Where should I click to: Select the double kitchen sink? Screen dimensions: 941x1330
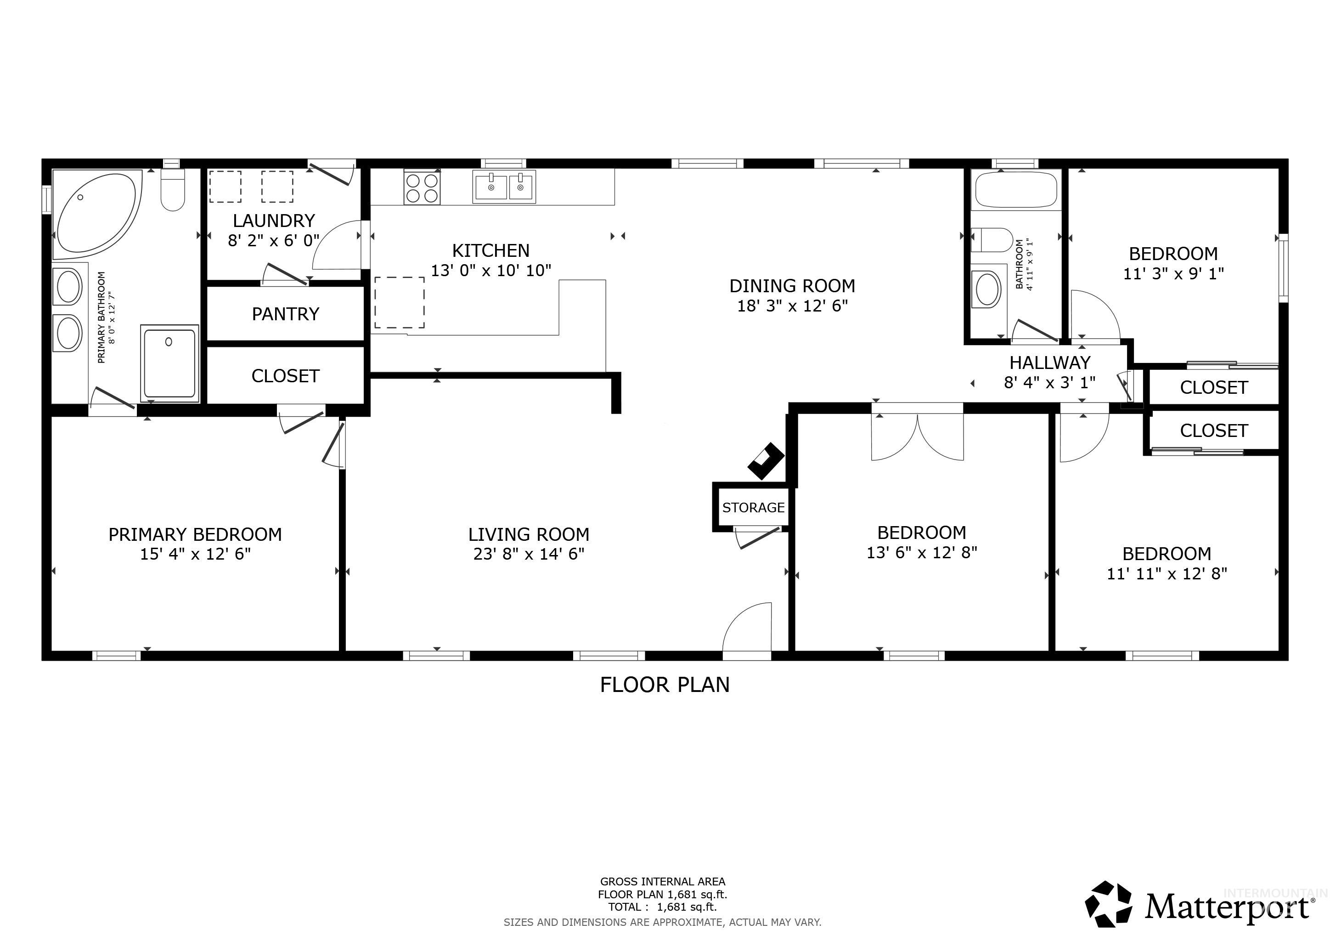[x=504, y=187]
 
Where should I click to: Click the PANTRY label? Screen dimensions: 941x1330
[x=286, y=314]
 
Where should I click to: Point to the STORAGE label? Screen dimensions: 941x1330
[x=753, y=508]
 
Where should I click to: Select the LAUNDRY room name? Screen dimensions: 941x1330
[x=274, y=221]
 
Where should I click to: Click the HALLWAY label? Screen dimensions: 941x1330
[x=1050, y=363]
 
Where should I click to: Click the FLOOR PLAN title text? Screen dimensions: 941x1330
[x=665, y=685]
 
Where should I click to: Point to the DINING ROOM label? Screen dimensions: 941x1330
[x=792, y=286]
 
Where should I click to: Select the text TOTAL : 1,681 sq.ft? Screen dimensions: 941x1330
[x=662, y=907]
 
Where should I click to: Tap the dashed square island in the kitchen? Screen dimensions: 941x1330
[x=400, y=302]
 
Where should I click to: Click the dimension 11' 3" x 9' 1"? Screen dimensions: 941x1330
[x=1173, y=273]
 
